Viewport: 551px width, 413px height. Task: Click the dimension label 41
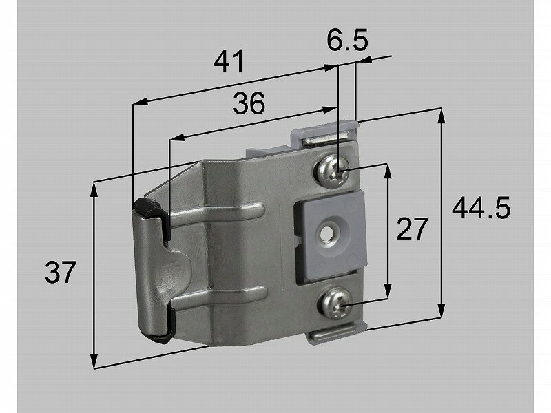pyautogui.click(x=229, y=62)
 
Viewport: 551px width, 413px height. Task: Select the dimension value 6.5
pyautogui.click(x=347, y=42)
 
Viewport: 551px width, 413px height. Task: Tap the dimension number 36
pyautogui.click(x=248, y=104)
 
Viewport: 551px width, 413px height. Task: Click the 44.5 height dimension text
pyautogui.click(x=481, y=207)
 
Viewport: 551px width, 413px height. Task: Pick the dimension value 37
pyautogui.click(x=61, y=273)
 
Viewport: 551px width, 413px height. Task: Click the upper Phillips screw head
pyautogui.click(x=332, y=170)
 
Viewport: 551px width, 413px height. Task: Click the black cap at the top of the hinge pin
pyautogui.click(x=146, y=206)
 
